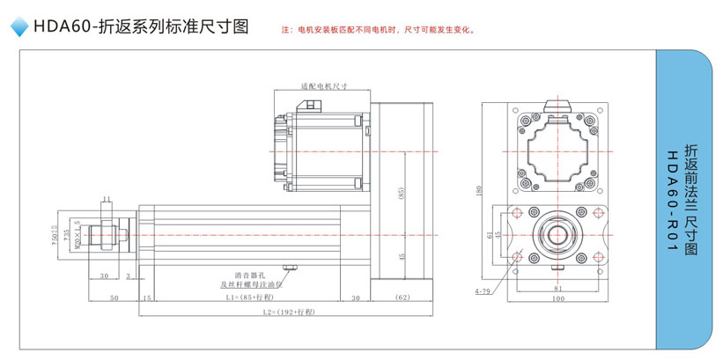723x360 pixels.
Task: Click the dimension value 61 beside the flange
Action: click(490, 234)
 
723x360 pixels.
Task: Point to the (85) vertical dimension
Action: click(401, 194)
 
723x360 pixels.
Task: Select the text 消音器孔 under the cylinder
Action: click(249, 275)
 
